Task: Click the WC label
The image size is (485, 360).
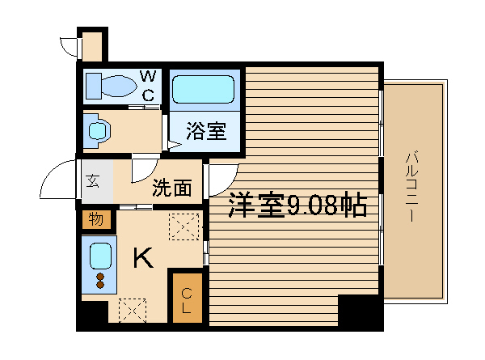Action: (x=148, y=86)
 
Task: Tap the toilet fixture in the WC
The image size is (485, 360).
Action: (x=111, y=86)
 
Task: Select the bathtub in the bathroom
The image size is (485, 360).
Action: (x=203, y=90)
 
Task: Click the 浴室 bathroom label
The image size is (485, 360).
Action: (x=206, y=131)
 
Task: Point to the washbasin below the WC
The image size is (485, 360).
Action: (x=98, y=131)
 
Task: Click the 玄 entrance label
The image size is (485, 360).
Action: (x=92, y=181)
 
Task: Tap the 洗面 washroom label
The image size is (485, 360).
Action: (x=172, y=188)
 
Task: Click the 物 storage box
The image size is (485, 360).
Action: (x=96, y=219)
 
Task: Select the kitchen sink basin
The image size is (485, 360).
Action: (x=100, y=256)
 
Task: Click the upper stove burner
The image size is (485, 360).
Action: (x=100, y=277)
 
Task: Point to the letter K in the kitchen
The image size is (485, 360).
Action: (x=143, y=258)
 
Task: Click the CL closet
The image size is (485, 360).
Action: (x=188, y=298)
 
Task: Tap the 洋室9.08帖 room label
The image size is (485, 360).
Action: (x=297, y=205)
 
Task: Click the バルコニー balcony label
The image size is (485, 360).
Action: (x=411, y=187)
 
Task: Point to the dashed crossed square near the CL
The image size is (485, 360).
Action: (x=133, y=310)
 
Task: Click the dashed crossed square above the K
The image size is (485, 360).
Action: (x=184, y=227)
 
